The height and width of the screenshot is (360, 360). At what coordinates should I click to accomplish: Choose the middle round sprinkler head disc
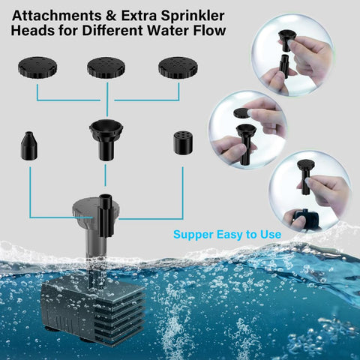click(106, 67)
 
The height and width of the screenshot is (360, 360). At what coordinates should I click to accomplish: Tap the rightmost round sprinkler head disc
click(178, 67)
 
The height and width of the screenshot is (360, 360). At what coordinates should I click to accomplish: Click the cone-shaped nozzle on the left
click(29, 145)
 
